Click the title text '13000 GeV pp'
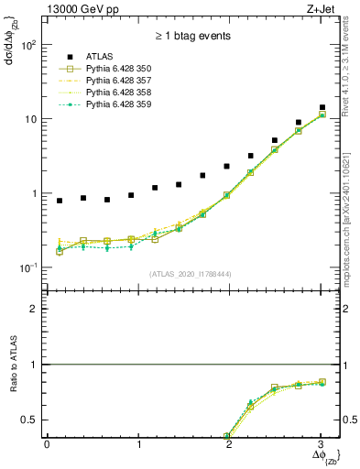tap(75, 9)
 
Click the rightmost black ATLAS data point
tap(322, 107)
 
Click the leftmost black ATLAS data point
tap(60, 201)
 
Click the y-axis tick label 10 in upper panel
tap(31, 119)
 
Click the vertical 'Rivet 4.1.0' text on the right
tap(352, 73)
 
